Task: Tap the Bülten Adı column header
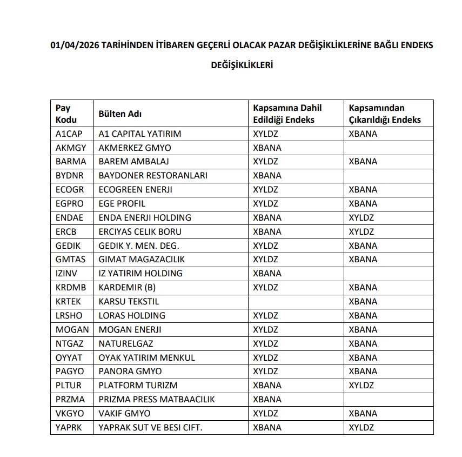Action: tap(120, 114)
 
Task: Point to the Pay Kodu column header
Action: tap(66, 114)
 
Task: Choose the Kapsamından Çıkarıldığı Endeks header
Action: tap(384, 114)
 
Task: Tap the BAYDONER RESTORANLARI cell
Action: tap(153, 175)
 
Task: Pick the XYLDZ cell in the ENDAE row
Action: tap(361, 217)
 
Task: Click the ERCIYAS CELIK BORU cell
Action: tap(140, 231)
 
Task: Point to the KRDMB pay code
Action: tap(71, 287)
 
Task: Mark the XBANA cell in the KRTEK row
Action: tap(363, 301)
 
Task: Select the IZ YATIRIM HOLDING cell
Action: tap(140, 273)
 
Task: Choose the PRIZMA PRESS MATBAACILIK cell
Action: tap(157, 399)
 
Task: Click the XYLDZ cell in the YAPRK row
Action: tap(361, 427)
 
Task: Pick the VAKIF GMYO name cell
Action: tap(124, 413)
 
